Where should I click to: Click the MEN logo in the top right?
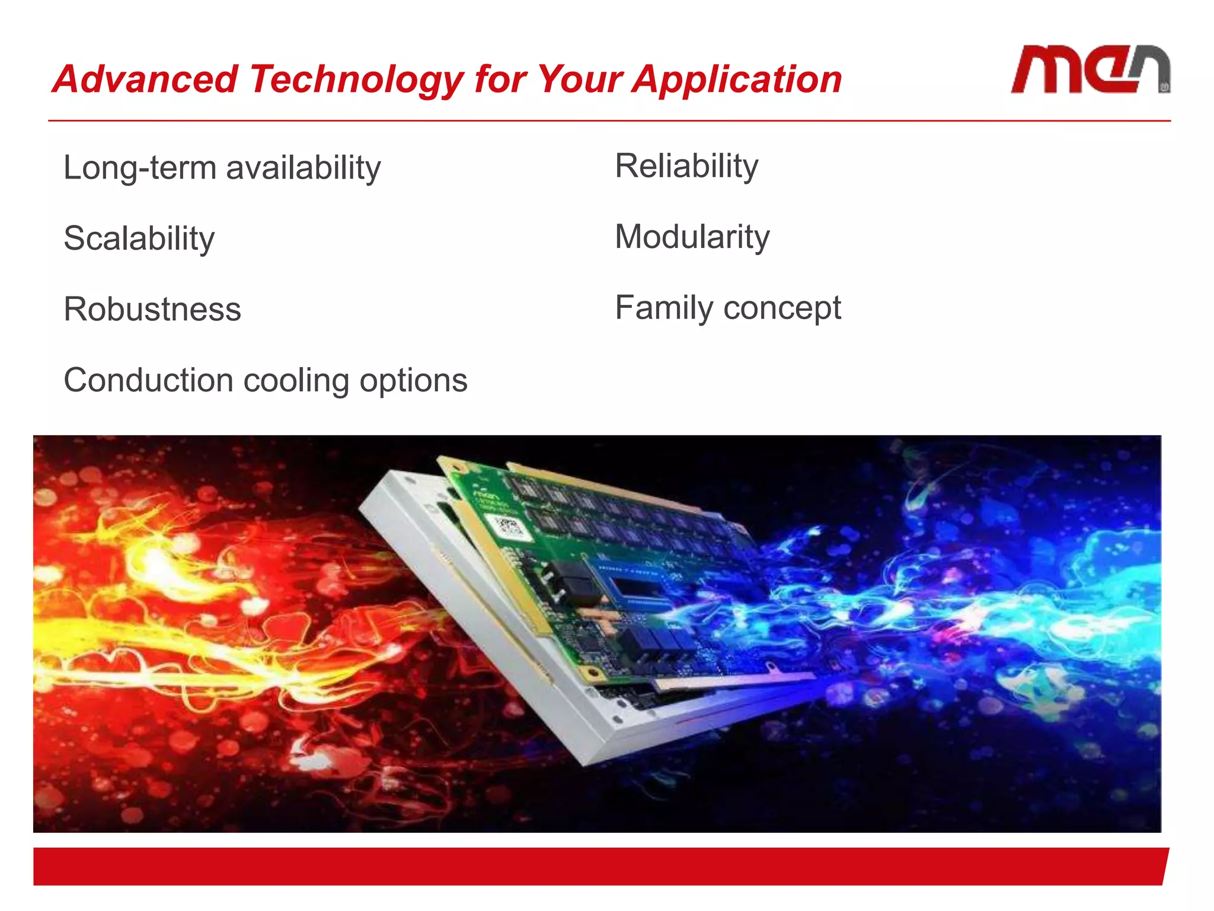(1090, 70)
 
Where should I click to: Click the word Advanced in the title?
(145, 79)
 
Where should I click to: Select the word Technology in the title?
(356, 79)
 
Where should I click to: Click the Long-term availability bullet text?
(222, 168)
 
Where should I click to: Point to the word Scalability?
(139, 238)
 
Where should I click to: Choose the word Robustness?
(152, 310)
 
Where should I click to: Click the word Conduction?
(148, 380)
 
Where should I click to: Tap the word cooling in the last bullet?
(296, 381)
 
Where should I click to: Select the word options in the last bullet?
(413, 381)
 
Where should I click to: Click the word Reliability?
(686, 166)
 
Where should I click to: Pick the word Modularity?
(692, 237)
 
